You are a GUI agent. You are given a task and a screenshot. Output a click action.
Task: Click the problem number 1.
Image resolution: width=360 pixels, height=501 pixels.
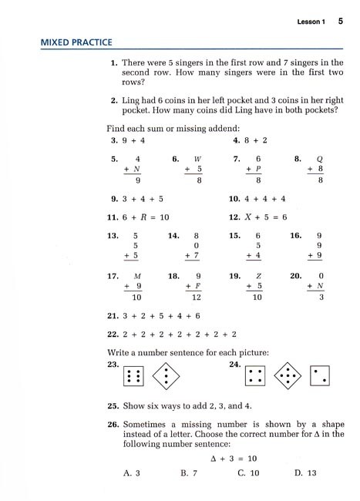[113, 61]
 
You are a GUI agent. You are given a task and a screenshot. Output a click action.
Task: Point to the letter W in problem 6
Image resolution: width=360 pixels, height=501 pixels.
[198, 158]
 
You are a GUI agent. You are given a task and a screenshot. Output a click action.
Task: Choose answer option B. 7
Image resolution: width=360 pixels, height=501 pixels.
[188, 472]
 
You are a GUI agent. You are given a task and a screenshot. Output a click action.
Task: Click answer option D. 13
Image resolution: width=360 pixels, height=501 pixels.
[306, 472]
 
